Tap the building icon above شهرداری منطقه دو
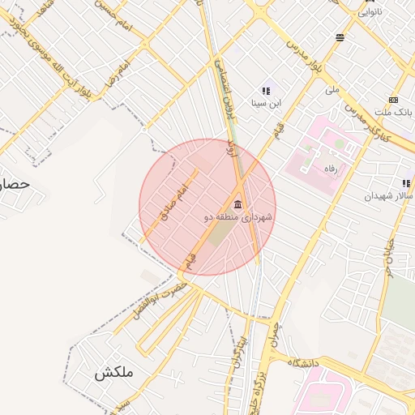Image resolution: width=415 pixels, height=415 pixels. tap(237, 203)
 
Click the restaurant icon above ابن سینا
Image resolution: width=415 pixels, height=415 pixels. tap(265, 91)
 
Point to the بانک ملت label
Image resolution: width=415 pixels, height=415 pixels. tap(396, 111)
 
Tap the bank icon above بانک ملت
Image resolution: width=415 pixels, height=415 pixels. tap(393, 100)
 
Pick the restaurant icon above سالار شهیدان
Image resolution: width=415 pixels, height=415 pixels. tap(406, 183)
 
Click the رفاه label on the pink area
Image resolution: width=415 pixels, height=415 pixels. tap(329, 169)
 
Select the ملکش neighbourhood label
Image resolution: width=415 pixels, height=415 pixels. tap(113, 374)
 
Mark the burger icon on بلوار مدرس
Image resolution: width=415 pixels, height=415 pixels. tap(340, 37)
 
